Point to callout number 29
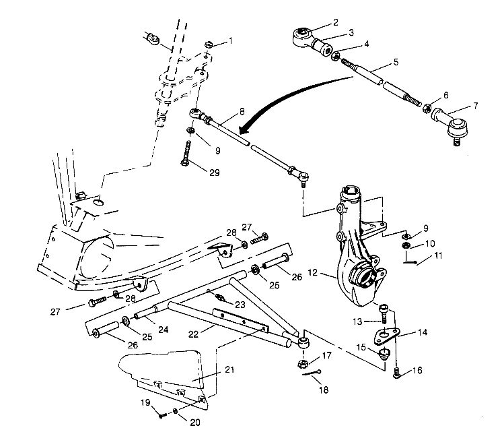click(213, 173)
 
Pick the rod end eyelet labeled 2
click(302, 32)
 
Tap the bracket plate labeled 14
click(388, 336)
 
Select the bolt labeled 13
click(383, 313)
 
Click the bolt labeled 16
click(398, 373)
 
